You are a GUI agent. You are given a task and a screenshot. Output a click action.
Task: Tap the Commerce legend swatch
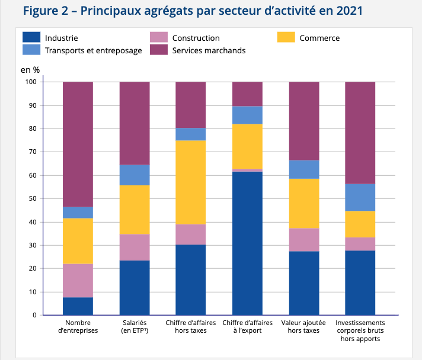tap(286, 38)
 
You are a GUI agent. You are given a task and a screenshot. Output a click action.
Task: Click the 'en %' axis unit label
tap(30, 69)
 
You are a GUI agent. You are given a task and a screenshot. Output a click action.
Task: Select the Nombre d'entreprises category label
tap(78, 326)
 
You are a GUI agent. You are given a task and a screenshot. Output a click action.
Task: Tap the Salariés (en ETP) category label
tap(135, 326)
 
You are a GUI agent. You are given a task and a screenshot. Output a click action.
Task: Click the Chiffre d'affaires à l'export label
tap(247, 326)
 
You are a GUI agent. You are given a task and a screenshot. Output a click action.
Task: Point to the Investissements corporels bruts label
tap(360, 330)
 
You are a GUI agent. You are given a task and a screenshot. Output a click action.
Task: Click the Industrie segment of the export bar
tap(247, 243)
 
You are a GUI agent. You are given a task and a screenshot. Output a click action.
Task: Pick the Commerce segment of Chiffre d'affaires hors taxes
tap(191, 182)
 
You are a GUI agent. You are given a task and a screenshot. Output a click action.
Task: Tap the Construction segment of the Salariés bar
tap(135, 247)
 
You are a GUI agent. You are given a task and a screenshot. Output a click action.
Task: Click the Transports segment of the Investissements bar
tap(360, 197)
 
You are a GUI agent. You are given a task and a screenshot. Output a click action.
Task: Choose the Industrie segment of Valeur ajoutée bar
tap(303, 283)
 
